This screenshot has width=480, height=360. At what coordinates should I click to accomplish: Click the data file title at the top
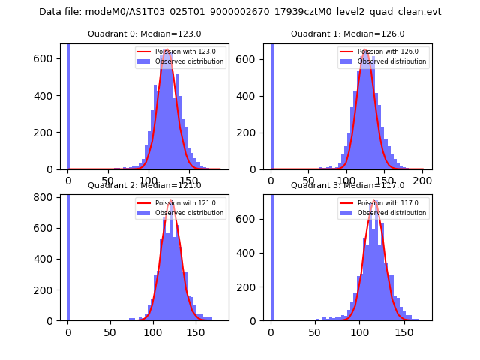pos(240,12)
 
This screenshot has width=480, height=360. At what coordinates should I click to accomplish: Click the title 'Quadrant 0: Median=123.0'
pos(144,34)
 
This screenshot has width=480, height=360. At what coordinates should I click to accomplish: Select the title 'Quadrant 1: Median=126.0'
pos(347,34)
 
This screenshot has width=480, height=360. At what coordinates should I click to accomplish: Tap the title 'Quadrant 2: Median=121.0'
pos(144,185)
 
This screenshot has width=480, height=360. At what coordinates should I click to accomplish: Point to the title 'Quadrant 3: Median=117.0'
pos(347,185)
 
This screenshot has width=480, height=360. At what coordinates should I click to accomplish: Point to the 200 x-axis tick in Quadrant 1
pos(423,181)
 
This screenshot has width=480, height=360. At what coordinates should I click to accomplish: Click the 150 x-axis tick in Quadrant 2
pos(195,331)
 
